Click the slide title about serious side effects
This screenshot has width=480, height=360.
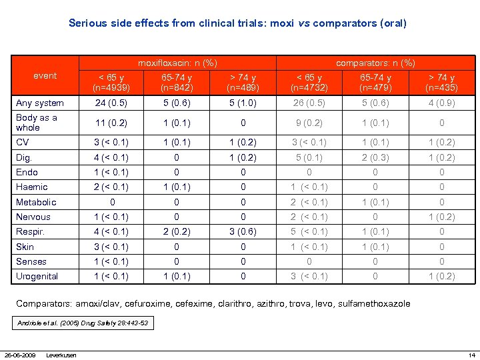(x=237, y=23)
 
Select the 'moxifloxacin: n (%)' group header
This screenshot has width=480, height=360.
(x=177, y=63)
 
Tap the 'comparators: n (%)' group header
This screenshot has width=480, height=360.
(x=375, y=63)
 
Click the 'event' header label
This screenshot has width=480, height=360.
(x=45, y=75)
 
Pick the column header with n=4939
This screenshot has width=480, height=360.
(x=111, y=83)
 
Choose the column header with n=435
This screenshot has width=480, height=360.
(x=441, y=83)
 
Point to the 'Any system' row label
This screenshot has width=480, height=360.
(x=40, y=103)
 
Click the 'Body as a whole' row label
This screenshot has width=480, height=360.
(x=37, y=123)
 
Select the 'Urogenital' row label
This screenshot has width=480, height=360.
(x=37, y=276)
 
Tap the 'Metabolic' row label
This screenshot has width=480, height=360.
(x=36, y=202)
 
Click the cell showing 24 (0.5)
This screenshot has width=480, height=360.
(x=111, y=103)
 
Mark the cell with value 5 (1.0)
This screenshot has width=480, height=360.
(x=243, y=103)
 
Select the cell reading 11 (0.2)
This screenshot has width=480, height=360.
(x=111, y=123)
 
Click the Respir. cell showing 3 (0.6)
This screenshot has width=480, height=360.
(x=243, y=231)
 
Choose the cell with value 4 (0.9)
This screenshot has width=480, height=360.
(x=441, y=103)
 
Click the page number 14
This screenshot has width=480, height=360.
(x=471, y=354)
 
